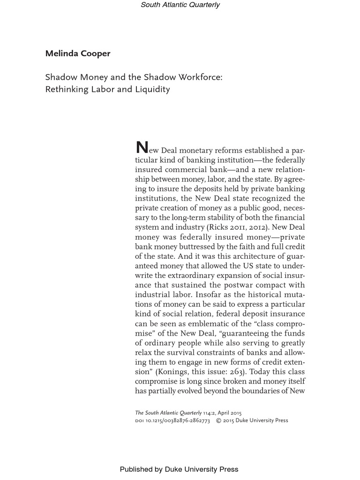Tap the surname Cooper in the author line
point(95,53)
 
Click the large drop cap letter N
point(141,148)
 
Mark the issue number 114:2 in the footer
point(210,413)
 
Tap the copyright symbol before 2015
point(218,420)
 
